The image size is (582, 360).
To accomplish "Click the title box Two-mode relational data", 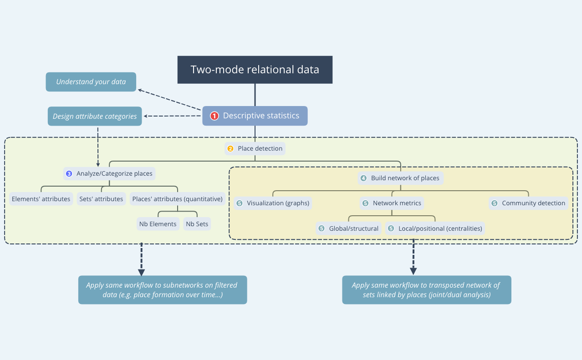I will point(255,70).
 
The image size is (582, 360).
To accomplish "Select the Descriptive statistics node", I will point(255,116).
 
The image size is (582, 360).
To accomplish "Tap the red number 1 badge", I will point(214,116).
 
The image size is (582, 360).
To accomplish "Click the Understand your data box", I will point(91,82).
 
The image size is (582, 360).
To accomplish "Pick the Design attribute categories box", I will point(95,116).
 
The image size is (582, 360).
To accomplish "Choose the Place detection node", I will point(255,148).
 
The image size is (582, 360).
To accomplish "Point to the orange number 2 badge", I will point(230,149).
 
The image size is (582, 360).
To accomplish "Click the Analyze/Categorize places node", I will point(109,173).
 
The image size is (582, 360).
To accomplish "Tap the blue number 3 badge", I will point(69,173).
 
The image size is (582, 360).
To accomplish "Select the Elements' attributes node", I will point(41,199).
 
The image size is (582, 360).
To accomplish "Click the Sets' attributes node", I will point(101,199).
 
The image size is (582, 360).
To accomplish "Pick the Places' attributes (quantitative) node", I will point(177,199).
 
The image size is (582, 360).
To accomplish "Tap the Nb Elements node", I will point(158,224).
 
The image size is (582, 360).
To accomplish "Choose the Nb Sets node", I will point(197,224).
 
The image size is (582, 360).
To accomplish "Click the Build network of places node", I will point(401,178).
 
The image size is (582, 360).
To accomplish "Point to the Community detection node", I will point(529,203).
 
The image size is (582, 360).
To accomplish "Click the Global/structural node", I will point(349,228).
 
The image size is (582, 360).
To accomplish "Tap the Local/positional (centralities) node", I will point(435,228).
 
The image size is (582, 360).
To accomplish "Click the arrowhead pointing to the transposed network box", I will point(413,270).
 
